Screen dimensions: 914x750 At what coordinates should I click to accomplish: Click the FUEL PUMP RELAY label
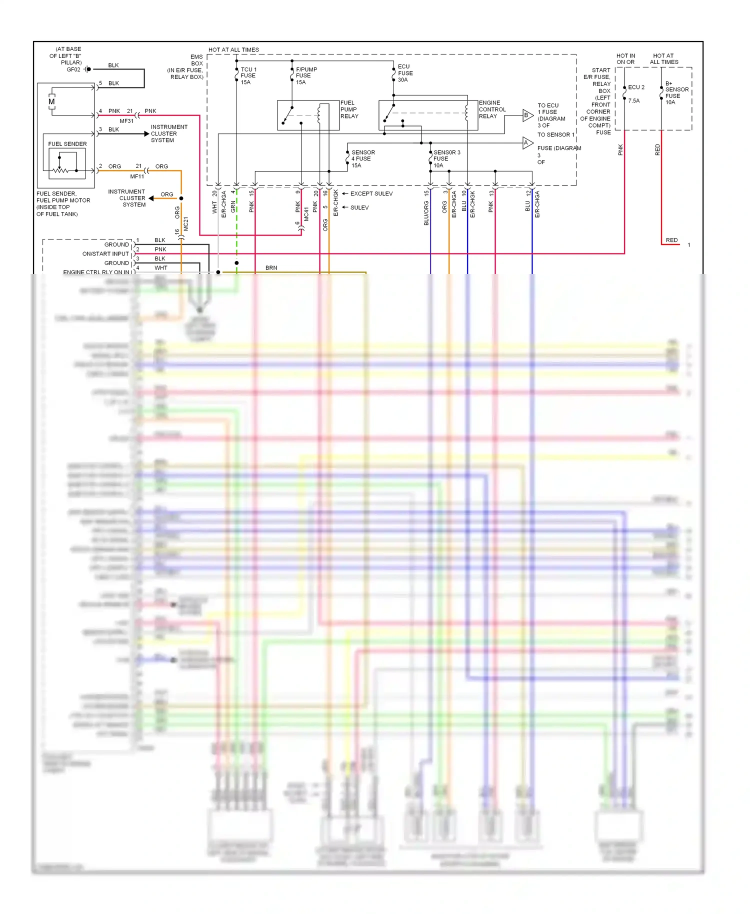(x=349, y=109)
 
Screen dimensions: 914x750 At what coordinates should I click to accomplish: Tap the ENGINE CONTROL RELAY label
(x=492, y=109)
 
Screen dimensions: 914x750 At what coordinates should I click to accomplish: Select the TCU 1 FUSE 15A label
(x=248, y=76)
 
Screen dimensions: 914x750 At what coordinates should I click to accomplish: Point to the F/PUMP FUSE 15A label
(x=306, y=76)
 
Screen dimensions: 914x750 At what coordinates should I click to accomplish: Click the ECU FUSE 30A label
(x=405, y=73)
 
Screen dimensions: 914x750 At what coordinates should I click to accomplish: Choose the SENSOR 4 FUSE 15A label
(x=362, y=159)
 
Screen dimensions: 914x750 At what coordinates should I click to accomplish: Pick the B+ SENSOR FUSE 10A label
(x=676, y=93)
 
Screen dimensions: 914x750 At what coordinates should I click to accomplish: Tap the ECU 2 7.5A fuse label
(x=635, y=93)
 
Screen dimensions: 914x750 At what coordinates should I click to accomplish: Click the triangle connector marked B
(x=527, y=115)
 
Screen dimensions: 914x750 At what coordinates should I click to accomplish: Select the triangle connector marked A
(x=527, y=143)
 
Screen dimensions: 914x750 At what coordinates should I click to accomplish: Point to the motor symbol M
(x=51, y=102)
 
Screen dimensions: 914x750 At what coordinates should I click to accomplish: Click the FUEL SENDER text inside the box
(x=67, y=144)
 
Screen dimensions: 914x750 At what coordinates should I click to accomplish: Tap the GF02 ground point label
(x=73, y=69)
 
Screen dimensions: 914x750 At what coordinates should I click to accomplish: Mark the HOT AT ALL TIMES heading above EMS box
(x=233, y=50)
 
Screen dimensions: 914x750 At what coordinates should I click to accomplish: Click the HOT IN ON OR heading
(x=625, y=59)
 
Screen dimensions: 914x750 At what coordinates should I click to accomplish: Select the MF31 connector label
(x=126, y=121)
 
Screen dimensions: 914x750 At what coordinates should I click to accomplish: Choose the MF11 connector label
(x=137, y=176)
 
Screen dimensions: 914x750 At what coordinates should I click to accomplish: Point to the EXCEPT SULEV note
(x=371, y=193)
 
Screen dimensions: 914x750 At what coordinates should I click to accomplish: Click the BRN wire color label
(x=271, y=268)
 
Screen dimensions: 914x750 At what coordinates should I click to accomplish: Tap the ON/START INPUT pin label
(x=105, y=254)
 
